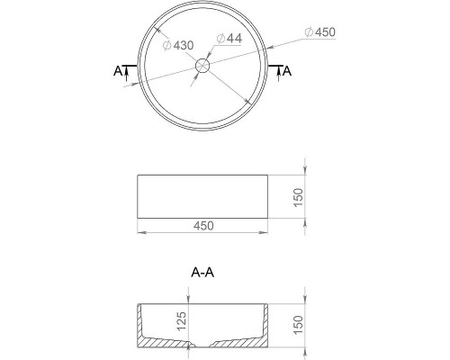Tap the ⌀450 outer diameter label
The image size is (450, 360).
point(320,33)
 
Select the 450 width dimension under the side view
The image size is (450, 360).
point(203,226)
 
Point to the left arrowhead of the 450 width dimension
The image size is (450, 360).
point(140,234)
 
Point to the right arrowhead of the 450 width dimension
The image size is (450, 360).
point(266,234)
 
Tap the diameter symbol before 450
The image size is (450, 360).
point(309,33)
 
